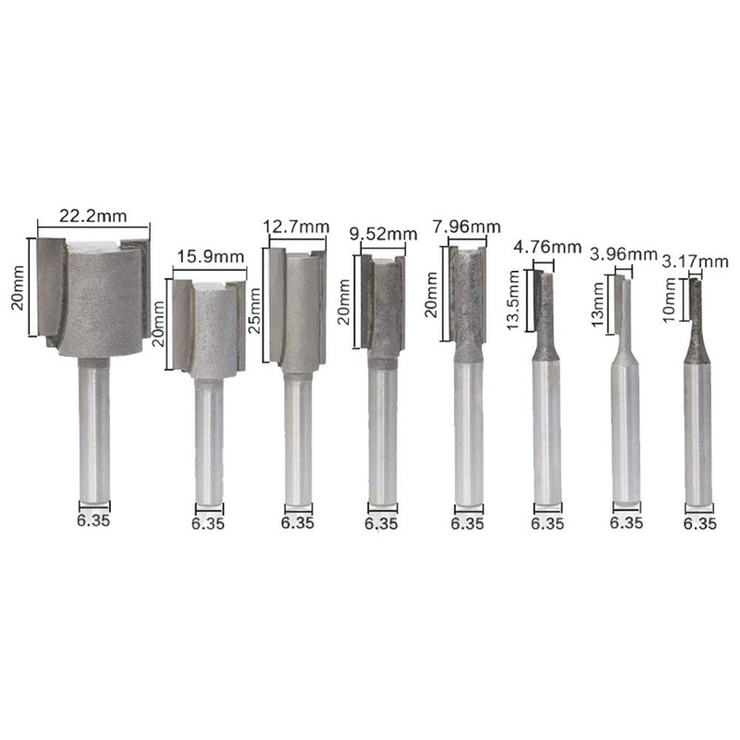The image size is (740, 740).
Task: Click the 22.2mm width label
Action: click(x=93, y=216)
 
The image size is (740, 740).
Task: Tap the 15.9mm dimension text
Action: click(x=211, y=257)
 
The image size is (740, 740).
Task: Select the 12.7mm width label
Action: click(x=296, y=227)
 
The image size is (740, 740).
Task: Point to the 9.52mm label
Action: click(x=384, y=234)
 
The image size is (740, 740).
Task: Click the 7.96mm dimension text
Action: click(x=467, y=227)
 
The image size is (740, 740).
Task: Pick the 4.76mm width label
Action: click(x=548, y=247)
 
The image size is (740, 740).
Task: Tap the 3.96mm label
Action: click(x=623, y=255)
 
